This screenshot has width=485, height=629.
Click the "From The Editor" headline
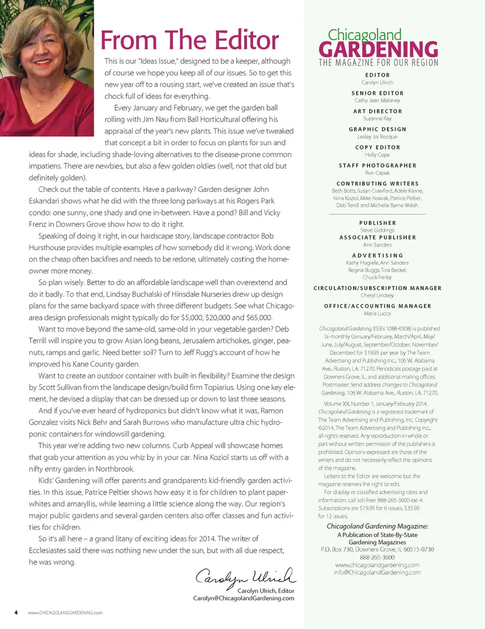point(189,40)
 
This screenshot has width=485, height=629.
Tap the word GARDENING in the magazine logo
point(378,50)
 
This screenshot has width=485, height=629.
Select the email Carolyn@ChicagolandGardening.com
point(244,598)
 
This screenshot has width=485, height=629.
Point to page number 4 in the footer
point(16,612)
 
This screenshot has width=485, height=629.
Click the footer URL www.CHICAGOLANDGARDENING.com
point(65,613)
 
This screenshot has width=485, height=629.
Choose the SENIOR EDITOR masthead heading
point(377,93)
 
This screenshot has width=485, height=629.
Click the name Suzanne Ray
point(377,118)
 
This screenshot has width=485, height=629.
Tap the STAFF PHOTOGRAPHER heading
point(377,165)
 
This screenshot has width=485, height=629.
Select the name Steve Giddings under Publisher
point(377,230)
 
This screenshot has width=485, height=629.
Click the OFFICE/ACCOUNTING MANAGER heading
point(377,306)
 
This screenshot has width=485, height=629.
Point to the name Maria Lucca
point(377,313)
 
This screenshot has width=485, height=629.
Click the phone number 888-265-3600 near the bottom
point(377,557)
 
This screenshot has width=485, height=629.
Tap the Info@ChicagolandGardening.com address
point(377,572)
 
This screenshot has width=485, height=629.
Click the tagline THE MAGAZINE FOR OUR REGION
point(378,63)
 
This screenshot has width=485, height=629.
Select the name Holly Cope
point(377,155)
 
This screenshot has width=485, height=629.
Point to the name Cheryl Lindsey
point(377,295)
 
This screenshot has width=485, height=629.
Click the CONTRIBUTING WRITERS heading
point(377,183)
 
